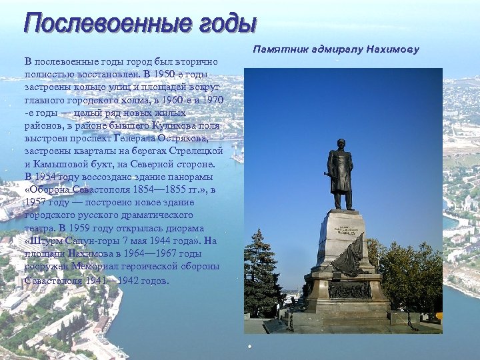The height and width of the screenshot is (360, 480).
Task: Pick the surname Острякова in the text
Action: (x=184, y=138)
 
